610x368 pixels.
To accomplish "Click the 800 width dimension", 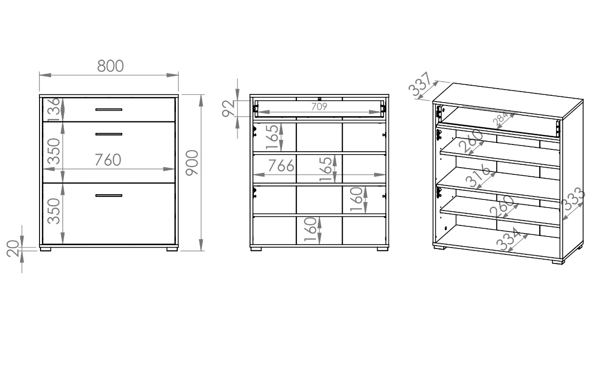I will tap(110, 66).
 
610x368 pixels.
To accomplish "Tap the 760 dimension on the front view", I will tap(107, 160).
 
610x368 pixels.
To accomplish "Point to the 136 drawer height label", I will tap(54, 109).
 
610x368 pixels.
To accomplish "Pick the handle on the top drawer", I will tap(108, 110).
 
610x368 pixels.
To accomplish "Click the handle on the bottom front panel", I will tap(108, 196).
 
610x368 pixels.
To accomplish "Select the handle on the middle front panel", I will tap(108, 134).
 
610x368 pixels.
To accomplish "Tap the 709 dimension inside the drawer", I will tap(319, 106).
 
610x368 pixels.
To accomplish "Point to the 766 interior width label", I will tap(281, 166).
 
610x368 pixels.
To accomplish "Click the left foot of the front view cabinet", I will tap(46, 250).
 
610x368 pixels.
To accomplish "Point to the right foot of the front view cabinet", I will tap(172, 250).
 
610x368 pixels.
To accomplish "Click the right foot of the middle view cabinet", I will tap(382, 250).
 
